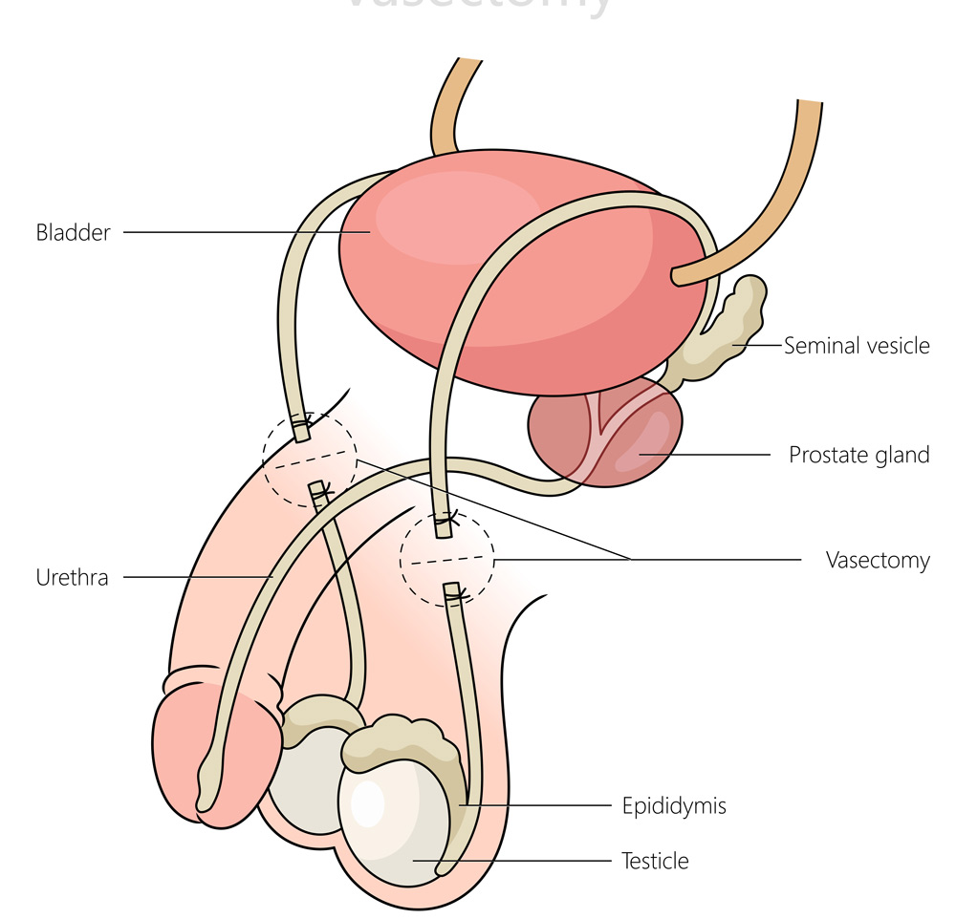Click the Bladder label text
(74, 232)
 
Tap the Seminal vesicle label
(857, 346)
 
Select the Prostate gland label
(858, 455)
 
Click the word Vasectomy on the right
(877, 560)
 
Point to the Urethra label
(72, 577)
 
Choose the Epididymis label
(675, 806)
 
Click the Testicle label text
(655, 861)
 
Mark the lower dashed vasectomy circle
(446, 559)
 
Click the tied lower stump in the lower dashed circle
(454, 596)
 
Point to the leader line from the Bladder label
(244, 232)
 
